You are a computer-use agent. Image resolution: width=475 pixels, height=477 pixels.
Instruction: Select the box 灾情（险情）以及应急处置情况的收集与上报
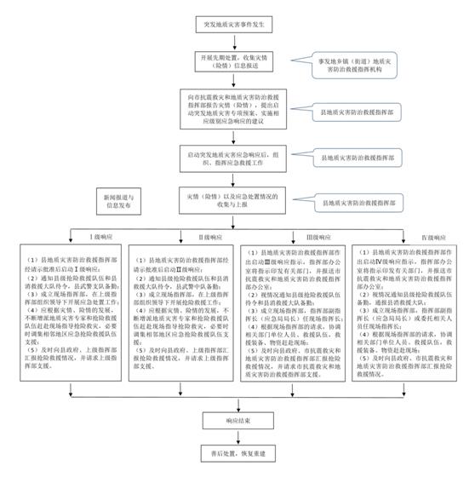point(227,202)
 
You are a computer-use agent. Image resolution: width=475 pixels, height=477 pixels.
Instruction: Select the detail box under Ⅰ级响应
point(70,308)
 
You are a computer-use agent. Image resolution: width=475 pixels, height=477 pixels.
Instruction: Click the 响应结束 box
point(227,420)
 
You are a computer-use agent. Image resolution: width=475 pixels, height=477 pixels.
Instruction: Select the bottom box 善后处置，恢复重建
point(227,457)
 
